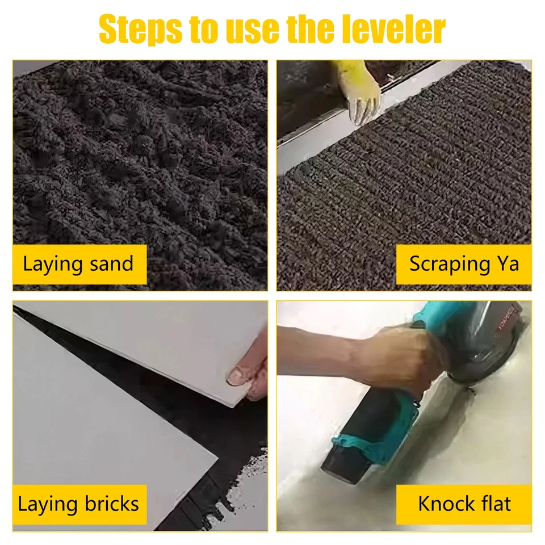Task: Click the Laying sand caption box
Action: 79,264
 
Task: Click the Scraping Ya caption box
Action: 463,264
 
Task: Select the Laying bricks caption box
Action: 79,504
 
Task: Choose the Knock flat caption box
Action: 463,504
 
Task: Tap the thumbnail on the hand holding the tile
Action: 234,375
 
